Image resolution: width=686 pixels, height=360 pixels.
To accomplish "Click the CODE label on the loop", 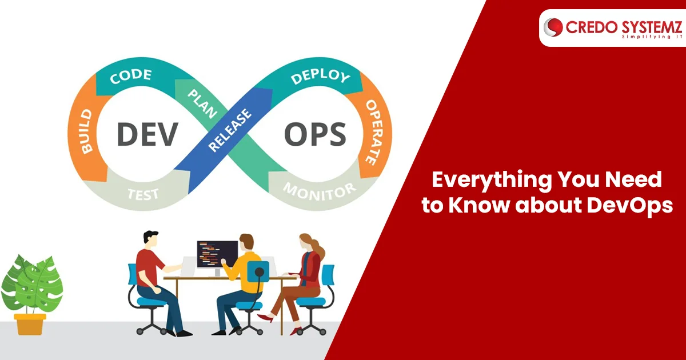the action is click(x=131, y=76).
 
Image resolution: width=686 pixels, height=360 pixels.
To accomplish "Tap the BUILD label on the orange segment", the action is click(x=86, y=131).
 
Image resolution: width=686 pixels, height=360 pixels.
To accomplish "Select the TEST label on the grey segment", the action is click(x=143, y=194).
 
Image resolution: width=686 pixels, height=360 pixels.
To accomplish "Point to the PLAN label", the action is click(x=202, y=104).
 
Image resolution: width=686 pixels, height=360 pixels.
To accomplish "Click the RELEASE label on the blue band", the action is click(x=230, y=130).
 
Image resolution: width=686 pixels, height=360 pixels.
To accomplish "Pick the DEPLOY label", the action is click(x=320, y=75).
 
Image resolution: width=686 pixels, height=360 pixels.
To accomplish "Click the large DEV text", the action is click(x=147, y=134).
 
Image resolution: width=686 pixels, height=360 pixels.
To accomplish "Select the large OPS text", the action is click(x=315, y=134).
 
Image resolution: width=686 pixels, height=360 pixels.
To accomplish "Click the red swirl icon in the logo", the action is click(x=553, y=27).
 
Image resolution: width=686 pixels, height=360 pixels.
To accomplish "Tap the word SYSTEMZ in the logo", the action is click(x=652, y=27).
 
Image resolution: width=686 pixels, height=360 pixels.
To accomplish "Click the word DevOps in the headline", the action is click(x=629, y=206).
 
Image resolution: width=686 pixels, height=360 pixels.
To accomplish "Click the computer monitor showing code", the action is click(x=217, y=254).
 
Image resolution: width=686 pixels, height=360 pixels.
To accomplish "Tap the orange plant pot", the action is click(x=30, y=324).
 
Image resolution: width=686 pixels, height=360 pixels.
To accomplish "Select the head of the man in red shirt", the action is click(x=151, y=241).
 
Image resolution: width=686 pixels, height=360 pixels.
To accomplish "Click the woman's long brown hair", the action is click(x=314, y=245).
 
